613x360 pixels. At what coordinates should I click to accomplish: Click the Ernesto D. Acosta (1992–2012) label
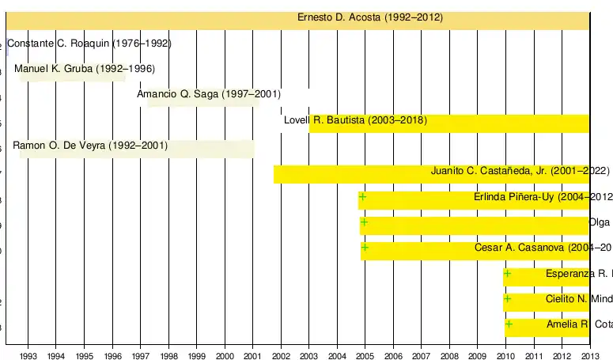(x=369, y=17)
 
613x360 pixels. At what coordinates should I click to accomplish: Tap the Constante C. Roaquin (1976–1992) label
(x=89, y=44)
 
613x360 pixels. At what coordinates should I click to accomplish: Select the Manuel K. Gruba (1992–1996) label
(x=85, y=69)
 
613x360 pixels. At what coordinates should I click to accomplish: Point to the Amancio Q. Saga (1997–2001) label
(x=209, y=94)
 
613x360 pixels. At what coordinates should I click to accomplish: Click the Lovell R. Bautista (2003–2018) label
(x=355, y=120)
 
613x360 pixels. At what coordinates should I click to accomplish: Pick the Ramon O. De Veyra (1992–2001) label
(x=90, y=146)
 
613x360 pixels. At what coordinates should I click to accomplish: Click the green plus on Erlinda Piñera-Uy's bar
(x=363, y=196)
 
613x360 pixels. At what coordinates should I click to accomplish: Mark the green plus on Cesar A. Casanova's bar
(x=365, y=248)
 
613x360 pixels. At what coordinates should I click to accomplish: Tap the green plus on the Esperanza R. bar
(x=507, y=274)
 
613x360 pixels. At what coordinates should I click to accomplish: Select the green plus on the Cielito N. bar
(x=507, y=299)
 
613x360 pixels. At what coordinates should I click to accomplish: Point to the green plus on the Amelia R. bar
(x=509, y=324)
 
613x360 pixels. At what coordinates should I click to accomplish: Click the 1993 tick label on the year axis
(x=28, y=355)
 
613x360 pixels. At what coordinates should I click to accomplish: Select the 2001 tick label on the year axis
(x=252, y=355)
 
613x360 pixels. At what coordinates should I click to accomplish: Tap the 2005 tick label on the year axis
(x=365, y=355)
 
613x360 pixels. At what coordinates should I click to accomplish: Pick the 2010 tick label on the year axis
(x=505, y=355)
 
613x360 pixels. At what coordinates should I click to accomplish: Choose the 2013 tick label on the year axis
(x=590, y=355)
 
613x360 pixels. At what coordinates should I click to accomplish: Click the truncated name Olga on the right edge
(x=600, y=222)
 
